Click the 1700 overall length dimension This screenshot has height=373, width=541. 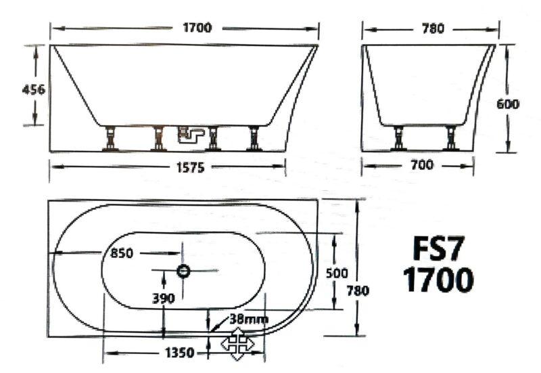click(x=197, y=28)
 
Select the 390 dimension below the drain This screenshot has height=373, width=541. click(x=164, y=298)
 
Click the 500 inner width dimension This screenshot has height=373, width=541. click(x=336, y=273)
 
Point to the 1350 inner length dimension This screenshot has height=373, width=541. click(x=179, y=353)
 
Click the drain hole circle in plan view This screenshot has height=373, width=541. click(x=183, y=271)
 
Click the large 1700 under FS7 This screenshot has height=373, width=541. click(x=438, y=280)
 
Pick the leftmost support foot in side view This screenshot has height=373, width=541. click(x=108, y=138)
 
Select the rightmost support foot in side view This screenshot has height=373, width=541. click(x=254, y=138)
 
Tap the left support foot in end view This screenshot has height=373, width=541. click(x=400, y=138)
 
